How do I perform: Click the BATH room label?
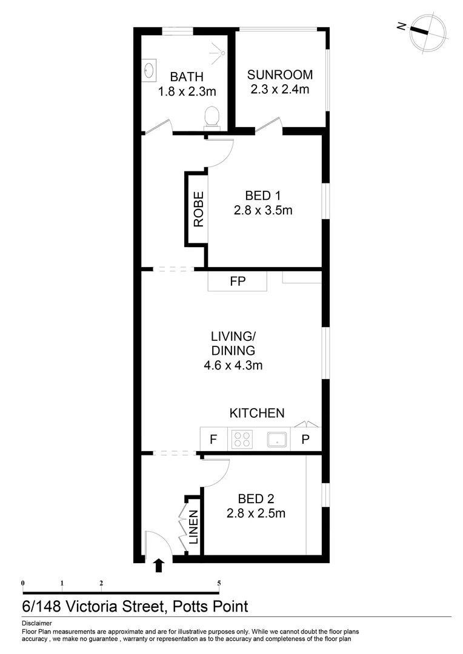point(187,77)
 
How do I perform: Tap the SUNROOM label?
point(280,75)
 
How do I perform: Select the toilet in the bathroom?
point(212,117)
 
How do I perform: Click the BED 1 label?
point(263,196)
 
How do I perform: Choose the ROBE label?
point(198,209)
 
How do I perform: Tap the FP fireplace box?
point(237,281)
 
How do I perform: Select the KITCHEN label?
point(256,413)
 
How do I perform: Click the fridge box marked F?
point(213,440)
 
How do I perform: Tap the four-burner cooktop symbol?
point(243,439)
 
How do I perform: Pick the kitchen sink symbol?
point(277,439)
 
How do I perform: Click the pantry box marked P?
point(305,440)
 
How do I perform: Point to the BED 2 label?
point(256,499)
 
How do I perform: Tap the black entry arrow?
point(159,566)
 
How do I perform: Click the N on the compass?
point(401,26)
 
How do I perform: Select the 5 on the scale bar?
point(219,583)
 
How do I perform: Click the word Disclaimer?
point(37,623)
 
